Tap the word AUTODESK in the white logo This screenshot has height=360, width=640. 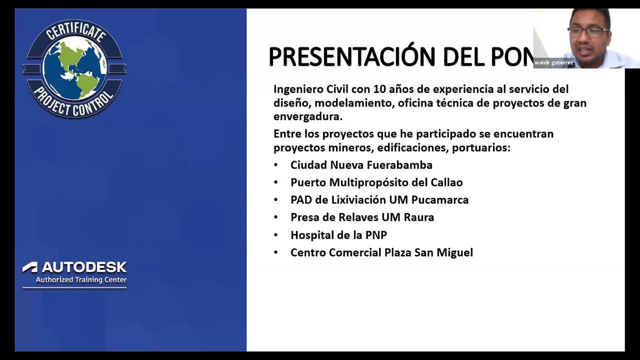pyautogui.click(x=83, y=267)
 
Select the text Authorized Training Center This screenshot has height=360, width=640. pyautogui.click(x=81, y=280)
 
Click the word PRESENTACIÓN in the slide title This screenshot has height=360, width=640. pyautogui.click(x=336, y=56)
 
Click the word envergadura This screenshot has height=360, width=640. pyautogui.click(x=306, y=116)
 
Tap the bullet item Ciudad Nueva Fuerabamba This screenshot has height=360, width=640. pyautogui.click(x=361, y=165)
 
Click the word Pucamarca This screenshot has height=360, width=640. pyautogui.click(x=439, y=200)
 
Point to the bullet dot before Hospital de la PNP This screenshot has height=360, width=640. pyautogui.click(x=276, y=235)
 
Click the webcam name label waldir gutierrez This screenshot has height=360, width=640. pyautogui.click(x=553, y=63)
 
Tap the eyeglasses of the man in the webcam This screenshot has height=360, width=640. pyautogui.click(x=588, y=31)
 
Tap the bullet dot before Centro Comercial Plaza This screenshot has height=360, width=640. pyautogui.click(x=276, y=252)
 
